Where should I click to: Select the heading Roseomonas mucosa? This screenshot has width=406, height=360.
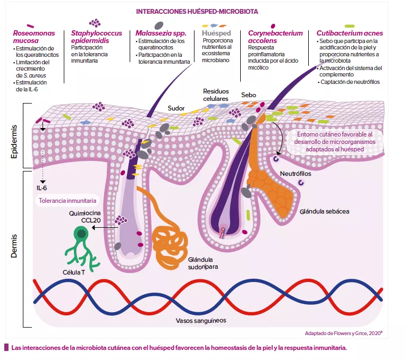pyautogui.click(x=33, y=37)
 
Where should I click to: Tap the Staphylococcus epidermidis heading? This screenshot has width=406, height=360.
pyautogui.click(x=97, y=37)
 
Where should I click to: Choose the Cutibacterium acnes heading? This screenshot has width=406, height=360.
pyautogui.click(x=349, y=33)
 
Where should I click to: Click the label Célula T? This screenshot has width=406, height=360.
pyautogui.click(x=74, y=272)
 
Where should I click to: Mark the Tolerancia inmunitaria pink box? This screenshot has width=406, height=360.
pyautogui.click(x=67, y=201)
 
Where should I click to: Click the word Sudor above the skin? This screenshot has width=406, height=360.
pyautogui.click(x=176, y=108)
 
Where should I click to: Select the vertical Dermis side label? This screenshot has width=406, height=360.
pyautogui.click(x=15, y=244)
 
